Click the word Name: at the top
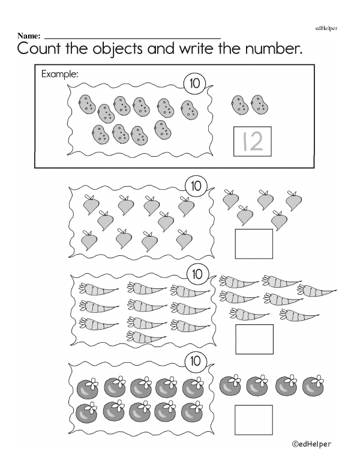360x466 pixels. click(29, 36)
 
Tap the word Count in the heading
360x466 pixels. click(38, 49)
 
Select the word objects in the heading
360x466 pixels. click(118, 49)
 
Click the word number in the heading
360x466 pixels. click(272, 49)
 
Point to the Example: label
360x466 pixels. click(60, 74)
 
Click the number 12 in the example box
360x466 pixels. click(253, 141)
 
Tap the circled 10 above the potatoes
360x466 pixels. click(194, 83)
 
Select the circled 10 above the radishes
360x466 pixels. click(196, 186)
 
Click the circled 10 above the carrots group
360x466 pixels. click(197, 274)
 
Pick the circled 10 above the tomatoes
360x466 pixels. click(196, 361)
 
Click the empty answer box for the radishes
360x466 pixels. click(254, 244)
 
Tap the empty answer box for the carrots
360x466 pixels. click(254, 339)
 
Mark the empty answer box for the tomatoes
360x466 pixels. click(254, 420)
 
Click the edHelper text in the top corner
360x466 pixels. click(326, 28)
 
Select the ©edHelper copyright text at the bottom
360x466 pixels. click(311, 444)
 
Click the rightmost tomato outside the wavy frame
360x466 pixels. click(313, 386)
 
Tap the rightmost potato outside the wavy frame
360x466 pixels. click(260, 104)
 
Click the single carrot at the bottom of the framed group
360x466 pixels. click(146, 337)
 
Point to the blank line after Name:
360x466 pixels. click(133, 38)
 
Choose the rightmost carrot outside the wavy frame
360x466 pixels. click(317, 290)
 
